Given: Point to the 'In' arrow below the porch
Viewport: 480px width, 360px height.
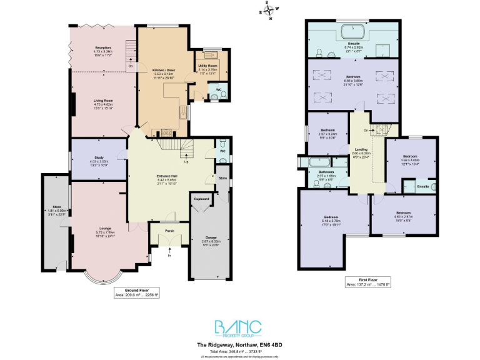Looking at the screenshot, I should pos(169,253).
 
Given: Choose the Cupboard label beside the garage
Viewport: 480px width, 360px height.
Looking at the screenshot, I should pos(201,199).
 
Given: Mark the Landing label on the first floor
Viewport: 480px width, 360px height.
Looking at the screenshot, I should pos(361,149).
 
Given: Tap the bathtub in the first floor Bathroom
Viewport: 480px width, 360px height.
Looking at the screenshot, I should pos(316,164).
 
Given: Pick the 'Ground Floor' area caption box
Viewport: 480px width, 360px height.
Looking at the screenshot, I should pos(139,293).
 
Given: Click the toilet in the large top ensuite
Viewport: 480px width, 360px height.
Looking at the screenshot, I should pos(319,51).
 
